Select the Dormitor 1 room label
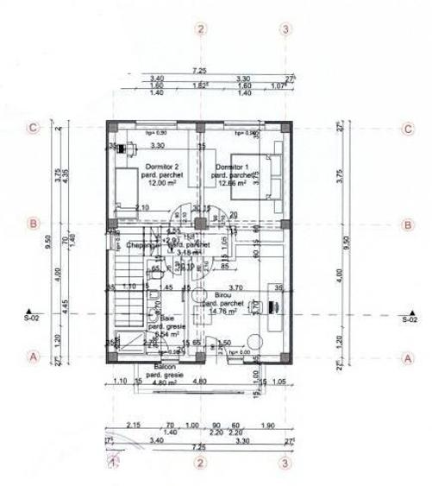[232, 166]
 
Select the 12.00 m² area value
[138, 184]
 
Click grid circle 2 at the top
[201, 29]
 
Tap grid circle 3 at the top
[286, 29]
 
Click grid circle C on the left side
[33, 129]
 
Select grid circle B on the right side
[408, 224]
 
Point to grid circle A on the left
[33, 356]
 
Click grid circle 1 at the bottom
[113, 463]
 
